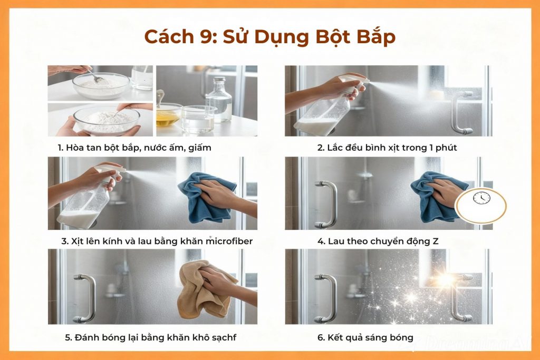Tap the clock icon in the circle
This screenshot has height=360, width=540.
pos(481,198)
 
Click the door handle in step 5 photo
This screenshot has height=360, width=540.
pos(84,298)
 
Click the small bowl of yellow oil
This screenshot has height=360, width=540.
pos(168,117)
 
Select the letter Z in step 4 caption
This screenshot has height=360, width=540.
pos(435,241)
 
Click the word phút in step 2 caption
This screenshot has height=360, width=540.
pos(446,148)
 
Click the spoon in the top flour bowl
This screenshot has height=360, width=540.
pos(98,77)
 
